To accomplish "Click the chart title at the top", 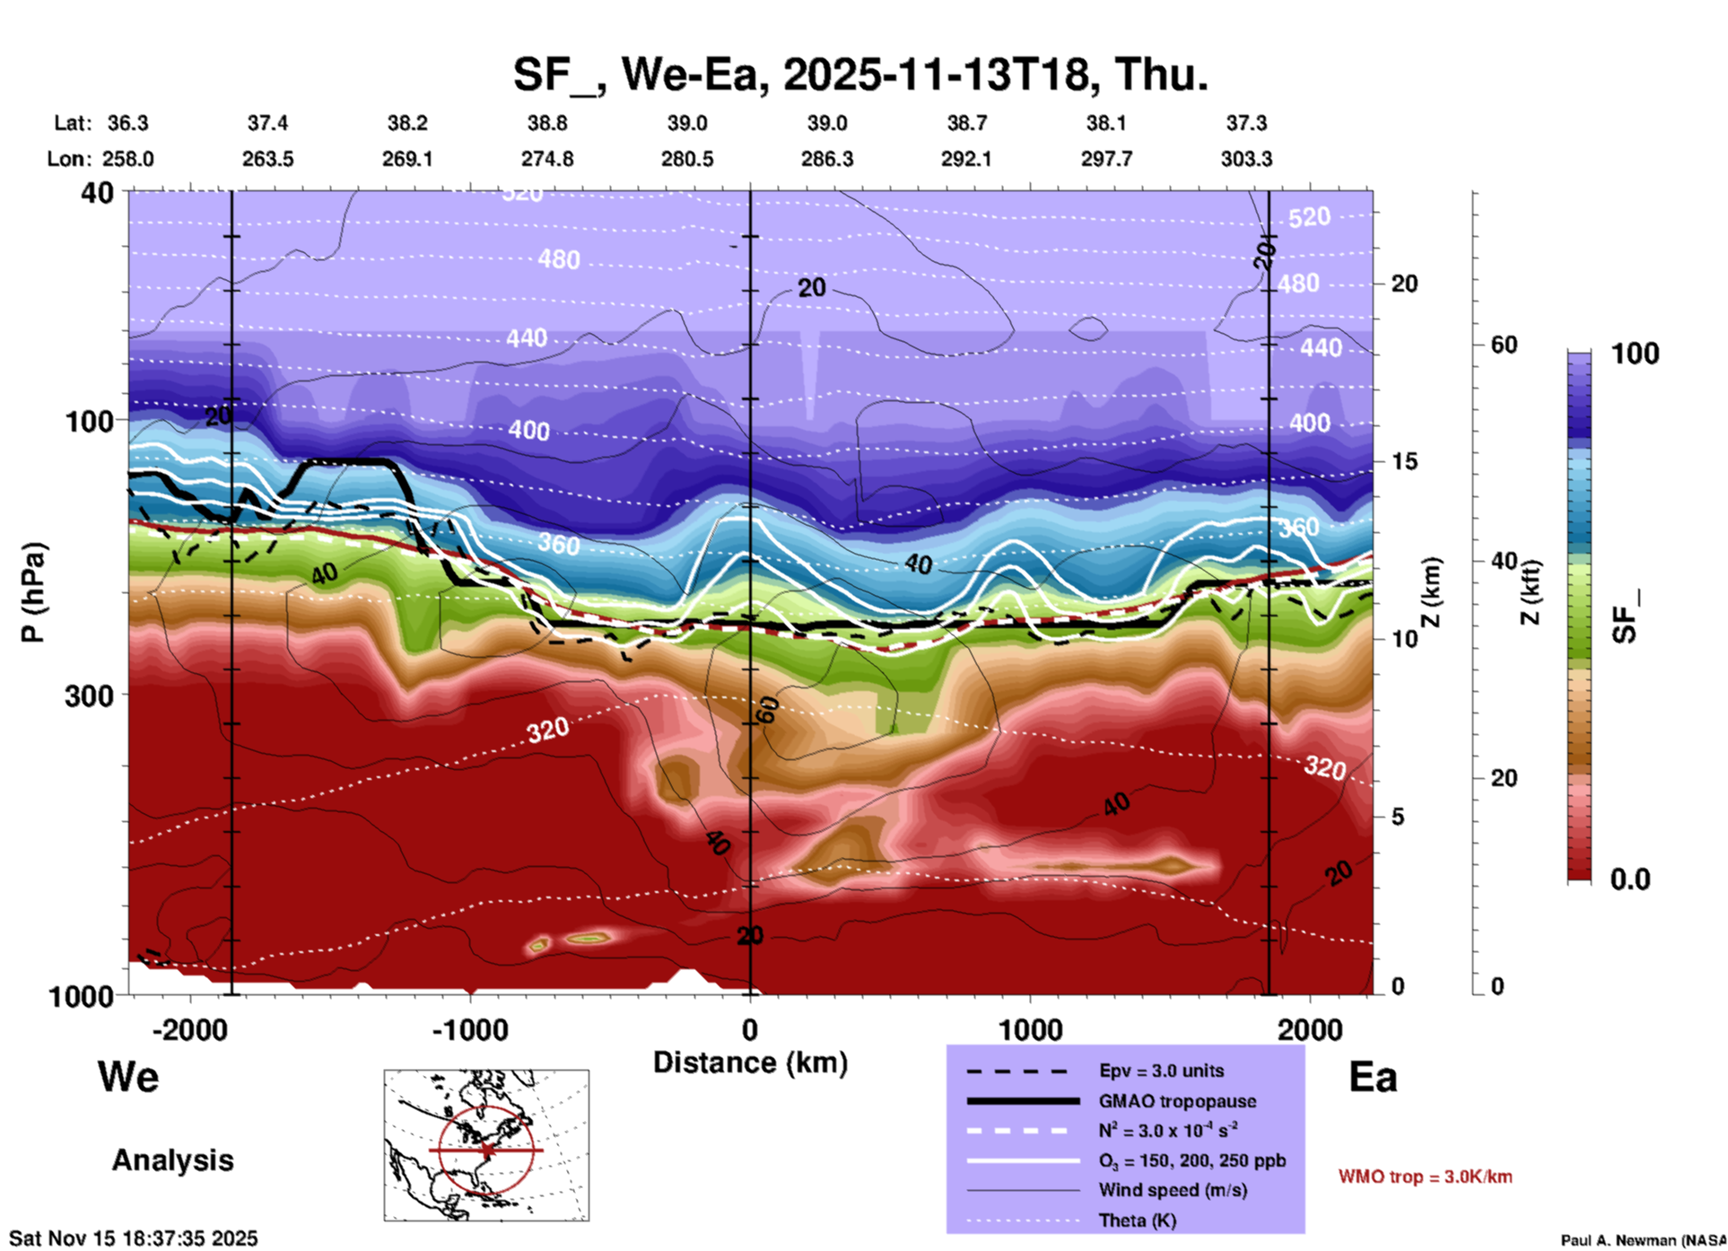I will [860, 74].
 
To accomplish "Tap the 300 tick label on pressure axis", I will [89, 695].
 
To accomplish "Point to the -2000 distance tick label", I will [189, 1029].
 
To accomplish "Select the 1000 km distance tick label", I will [1030, 1029].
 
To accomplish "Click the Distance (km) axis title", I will [750, 1063].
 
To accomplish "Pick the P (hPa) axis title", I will [32, 592].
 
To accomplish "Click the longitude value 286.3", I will [826, 159].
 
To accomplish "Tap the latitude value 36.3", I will [127, 123].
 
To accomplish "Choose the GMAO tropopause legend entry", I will [1176, 1101].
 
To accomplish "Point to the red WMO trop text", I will [1425, 1177].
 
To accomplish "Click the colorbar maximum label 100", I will [1635, 354].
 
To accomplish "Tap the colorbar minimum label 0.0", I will [1629, 879].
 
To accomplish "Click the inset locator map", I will [486, 1144].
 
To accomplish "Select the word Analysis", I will [172, 1160].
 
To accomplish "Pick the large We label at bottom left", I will [128, 1076].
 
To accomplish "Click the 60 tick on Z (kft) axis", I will [1504, 345].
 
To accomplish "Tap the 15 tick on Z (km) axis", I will [1404, 461].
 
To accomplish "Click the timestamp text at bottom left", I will [134, 1238].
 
